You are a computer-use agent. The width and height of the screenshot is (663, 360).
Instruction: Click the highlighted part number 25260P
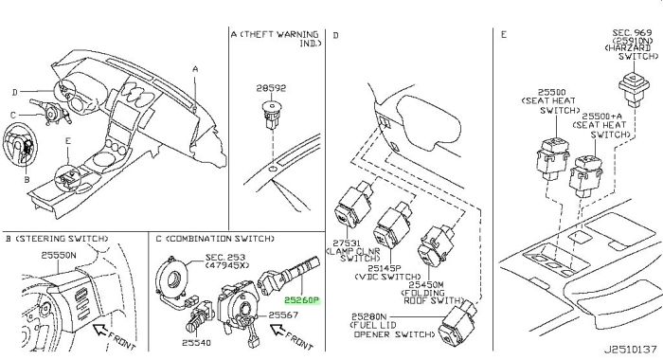click(301, 300)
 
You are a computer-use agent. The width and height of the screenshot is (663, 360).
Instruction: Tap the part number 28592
click(271, 88)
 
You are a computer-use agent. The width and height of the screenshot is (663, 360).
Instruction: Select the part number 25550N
click(59, 255)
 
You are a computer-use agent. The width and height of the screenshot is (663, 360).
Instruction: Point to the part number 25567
click(283, 315)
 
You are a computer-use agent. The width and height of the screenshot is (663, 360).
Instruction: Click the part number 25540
click(196, 342)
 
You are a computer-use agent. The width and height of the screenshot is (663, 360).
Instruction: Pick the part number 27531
click(347, 243)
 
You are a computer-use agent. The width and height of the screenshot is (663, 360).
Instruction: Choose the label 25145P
click(384, 268)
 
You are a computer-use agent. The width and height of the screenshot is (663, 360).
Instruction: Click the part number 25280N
click(369, 316)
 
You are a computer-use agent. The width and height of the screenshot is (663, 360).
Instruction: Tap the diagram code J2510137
click(630, 351)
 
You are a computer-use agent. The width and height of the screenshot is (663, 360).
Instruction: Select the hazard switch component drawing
click(634, 89)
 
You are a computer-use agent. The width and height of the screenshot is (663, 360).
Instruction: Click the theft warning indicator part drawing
click(271, 114)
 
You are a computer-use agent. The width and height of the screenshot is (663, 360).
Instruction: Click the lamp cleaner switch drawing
click(352, 204)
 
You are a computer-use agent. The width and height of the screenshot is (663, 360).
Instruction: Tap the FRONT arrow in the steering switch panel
click(99, 329)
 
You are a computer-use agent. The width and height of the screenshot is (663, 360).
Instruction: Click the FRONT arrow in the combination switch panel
click(278, 329)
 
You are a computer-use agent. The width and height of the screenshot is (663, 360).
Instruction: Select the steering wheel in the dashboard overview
click(20, 147)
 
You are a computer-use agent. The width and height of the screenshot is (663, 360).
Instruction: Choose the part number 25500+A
click(602, 116)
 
